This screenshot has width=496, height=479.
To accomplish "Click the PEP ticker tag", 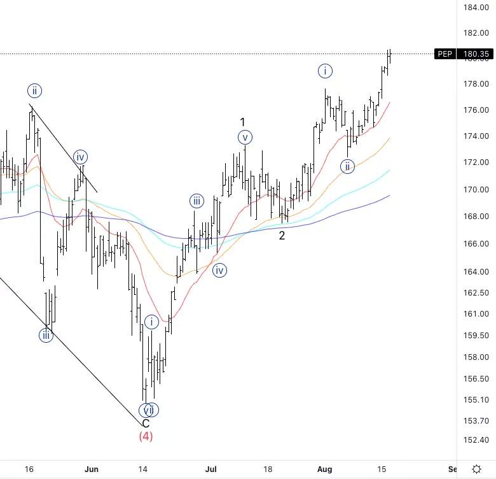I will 444,54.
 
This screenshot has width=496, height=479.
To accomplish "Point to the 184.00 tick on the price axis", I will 476,8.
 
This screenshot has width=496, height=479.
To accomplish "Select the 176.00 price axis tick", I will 476,110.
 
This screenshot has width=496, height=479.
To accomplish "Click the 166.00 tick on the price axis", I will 476,244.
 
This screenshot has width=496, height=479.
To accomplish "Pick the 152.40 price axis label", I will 476,440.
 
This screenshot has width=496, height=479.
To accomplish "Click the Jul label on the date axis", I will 210,469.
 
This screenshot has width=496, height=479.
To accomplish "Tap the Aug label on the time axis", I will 324,469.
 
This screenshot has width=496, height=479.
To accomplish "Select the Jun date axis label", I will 92,469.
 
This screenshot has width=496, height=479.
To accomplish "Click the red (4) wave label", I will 146,436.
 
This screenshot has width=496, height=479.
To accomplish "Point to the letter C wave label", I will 146,424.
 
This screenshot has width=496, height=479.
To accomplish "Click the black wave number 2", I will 282,236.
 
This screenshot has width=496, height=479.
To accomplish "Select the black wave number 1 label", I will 242,122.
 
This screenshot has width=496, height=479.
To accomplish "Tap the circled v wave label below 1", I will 245,137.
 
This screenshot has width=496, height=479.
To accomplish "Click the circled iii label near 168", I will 196,202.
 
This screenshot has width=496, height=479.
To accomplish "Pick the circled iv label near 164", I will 219,271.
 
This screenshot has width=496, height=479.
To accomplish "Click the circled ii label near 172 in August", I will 347,167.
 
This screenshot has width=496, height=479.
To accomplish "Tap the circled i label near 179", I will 324,71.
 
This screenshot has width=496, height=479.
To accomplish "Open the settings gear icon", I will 476,469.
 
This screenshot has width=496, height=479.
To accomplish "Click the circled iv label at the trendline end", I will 79,157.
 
